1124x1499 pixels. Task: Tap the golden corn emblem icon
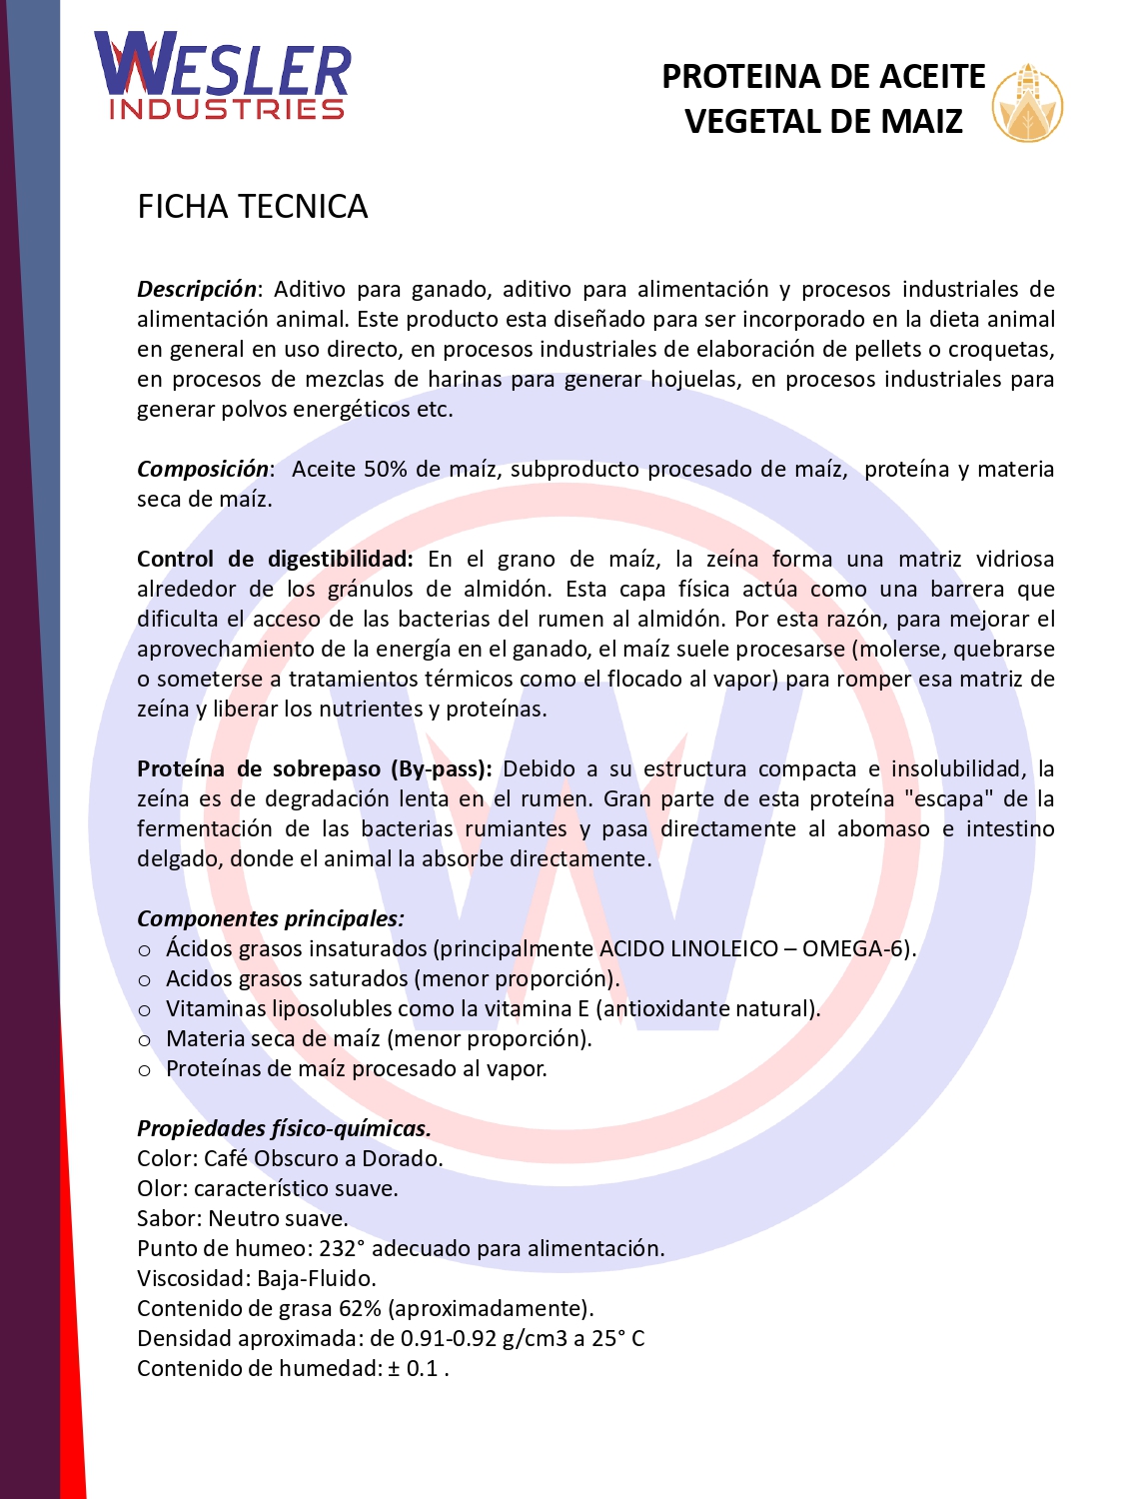pyautogui.click(x=1027, y=103)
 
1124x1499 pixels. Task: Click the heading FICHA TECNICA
pyautogui.click(x=253, y=207)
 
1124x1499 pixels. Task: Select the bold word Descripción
pyautogui.click(x=197, y=289)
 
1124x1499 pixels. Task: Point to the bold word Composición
pyautogui.click(x=203, y=469)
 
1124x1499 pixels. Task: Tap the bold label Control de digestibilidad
pyautogui.click(x=275, y=559)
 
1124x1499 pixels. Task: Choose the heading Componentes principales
pyautogui.click(x=271, y=918)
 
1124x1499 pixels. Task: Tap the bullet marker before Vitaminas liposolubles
pyautogui.click(x=145, y=1010)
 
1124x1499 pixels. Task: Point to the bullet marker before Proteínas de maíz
pyautogui.click(x=145, y=1070)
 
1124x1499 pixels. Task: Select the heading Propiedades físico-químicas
pyautogui.click(x=284, y=1128)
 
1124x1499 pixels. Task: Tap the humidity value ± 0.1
pyautogui.click(x=413, y=1368)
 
